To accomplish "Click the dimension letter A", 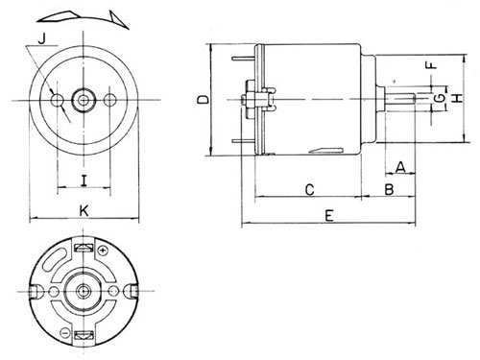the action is [401, 167].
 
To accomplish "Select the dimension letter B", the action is [389, 189].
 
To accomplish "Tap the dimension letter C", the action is [310, 190].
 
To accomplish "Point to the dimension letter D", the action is [203, 99].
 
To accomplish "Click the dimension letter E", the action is [329, 216].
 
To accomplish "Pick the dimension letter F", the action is [431, 65].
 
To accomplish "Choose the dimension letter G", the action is [441, 98].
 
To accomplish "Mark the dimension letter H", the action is [459, 98].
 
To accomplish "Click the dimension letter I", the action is [84, 181].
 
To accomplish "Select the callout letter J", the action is [42, 38].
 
